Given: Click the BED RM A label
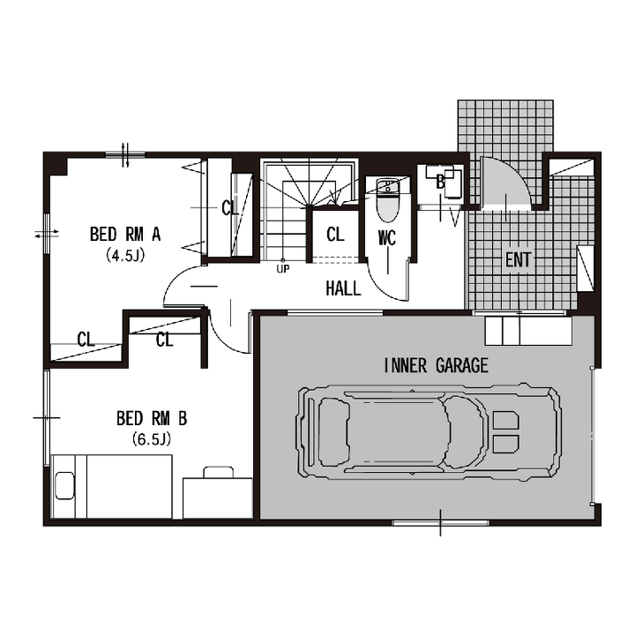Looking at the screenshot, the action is [x=125, y=235].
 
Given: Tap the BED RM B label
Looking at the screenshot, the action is [x=152, y=418].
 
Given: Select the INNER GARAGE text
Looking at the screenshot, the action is [x=436, y=365].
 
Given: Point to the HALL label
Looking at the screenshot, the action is [x=343, y=288].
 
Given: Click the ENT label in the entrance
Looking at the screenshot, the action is [x=519, y=259].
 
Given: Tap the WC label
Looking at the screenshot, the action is [x=387, y=238].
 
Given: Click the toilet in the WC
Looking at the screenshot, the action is [x=388, y=200].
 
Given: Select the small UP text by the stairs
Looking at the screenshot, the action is [x=282, y=269].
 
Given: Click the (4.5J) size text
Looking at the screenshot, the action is [x=125, y=256].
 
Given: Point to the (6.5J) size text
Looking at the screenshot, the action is [x=151, y=439].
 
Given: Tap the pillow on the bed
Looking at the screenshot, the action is [x=65, y=485].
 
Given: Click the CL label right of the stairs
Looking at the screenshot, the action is [x=335, y=234].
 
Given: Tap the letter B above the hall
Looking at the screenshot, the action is [x=440, y=183].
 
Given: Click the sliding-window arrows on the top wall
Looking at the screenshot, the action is [x=125, y=154].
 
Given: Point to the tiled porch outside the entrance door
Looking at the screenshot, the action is [x=505, y=127].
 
